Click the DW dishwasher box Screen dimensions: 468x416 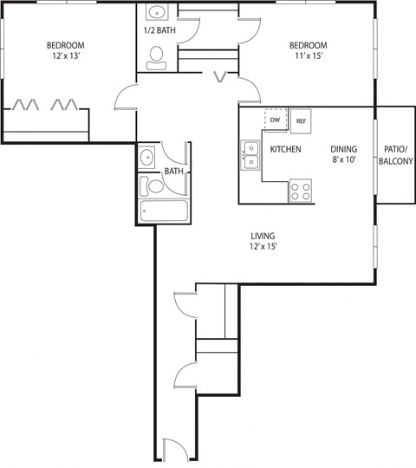pyautogui.click(x=275, y=120)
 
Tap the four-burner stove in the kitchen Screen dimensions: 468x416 pyautogui.click(x=300, y=190)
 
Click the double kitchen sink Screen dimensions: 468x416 pyautogui.click(x=250, y=155)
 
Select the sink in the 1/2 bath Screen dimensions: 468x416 pyautogui.click(x=157, y=14)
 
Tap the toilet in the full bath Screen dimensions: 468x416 pyautogui.click(x=154, y=185)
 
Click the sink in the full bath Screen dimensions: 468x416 pyautogui.click(x=147, y=159)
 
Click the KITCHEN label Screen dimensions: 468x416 pyautogui.click(x=285, y=149)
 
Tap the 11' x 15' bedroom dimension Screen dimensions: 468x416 pyautogui.click(x=308, y=57)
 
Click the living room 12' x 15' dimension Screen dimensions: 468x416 pyautogui.click(x=263, y=246)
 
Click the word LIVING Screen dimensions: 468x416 pyautogui.click(x=263, y=234)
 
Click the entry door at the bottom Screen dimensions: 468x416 pyautogui.click(x=173, y=451)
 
